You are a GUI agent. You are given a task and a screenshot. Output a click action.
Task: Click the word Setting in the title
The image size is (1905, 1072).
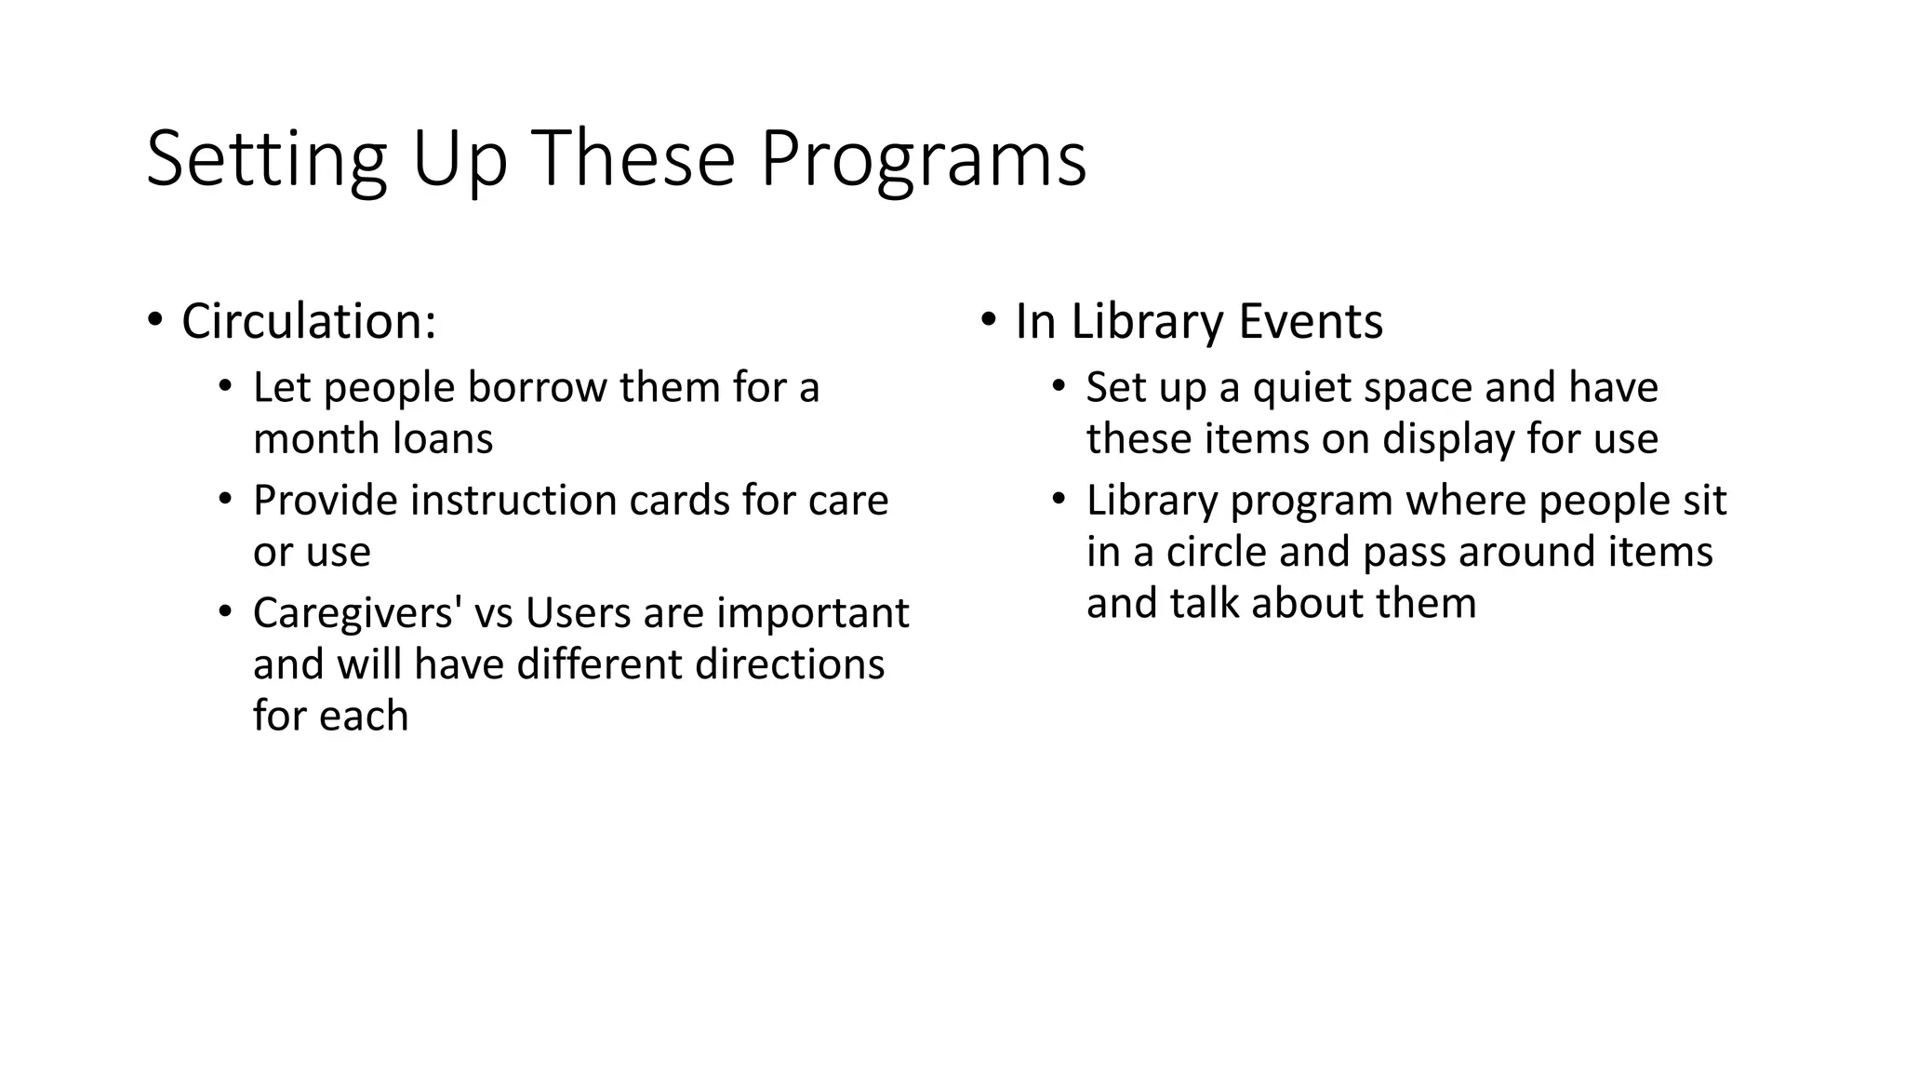coord(266,160)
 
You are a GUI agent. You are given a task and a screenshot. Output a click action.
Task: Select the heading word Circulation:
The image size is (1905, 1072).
coord(309,322)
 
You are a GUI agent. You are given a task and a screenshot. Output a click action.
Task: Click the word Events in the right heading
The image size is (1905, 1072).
coord(1311,322)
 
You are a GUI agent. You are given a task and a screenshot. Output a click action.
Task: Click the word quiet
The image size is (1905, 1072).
coord(1300,388)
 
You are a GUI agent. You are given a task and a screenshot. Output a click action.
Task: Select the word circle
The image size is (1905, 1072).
coord(1217,552)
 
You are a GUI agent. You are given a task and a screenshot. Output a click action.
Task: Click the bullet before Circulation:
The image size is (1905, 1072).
coord(154,321)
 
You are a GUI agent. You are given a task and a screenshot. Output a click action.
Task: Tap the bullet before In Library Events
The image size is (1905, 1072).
coord(988,321)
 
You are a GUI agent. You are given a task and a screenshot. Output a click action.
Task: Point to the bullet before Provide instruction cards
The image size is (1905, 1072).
coord(224,500)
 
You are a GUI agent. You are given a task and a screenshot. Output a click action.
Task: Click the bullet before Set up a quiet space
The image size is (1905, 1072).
coord(1058,387)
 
